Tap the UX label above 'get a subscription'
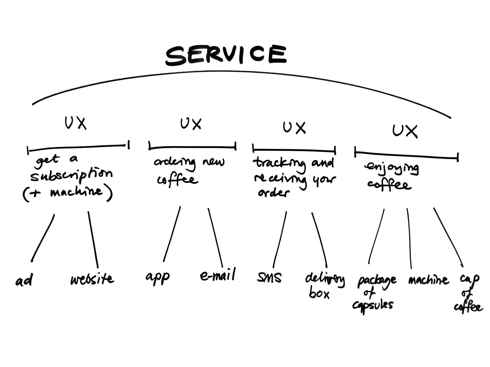click(x=75, y=123)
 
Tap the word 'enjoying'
click(x=392, y=169)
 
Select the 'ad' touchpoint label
click(x=24, y=280)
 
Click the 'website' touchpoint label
click(x=92, y=279)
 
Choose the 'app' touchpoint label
click(x=157, y=278)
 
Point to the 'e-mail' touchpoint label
click(x=218, y=275)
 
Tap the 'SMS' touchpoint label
click(x=269, y=277)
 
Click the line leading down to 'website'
click(x=93, y=240)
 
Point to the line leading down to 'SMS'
click(x=280, y=239)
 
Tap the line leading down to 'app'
click(x=172, y=234)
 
